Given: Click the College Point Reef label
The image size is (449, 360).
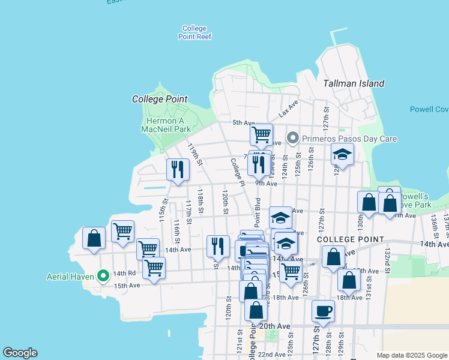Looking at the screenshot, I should (194, 32).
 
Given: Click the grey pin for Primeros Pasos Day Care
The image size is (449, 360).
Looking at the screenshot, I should (293, 139).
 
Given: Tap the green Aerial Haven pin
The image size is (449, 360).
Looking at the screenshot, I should (103, 276).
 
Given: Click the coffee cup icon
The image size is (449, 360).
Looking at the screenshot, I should (323, 312).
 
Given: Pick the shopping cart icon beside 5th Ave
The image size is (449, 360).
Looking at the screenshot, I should (261, 135).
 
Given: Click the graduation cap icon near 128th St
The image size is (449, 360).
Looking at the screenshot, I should (342, 155).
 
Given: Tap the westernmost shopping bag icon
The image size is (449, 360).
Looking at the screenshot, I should (94, 238).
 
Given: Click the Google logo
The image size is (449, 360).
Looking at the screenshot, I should (20, 353).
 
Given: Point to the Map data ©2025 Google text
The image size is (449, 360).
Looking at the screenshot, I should (411, 355).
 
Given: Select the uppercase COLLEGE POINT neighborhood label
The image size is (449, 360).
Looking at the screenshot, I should (351, 239).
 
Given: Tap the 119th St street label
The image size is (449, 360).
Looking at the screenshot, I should (195, 154).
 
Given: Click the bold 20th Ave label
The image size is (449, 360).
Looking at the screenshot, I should (276, 326).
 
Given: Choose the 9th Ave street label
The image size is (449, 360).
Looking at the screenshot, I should (265, 184).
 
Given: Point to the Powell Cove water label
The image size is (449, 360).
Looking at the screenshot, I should (429, 109).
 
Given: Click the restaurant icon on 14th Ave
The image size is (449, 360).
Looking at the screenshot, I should (218, 246).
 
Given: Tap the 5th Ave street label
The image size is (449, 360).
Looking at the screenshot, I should (244, 122).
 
